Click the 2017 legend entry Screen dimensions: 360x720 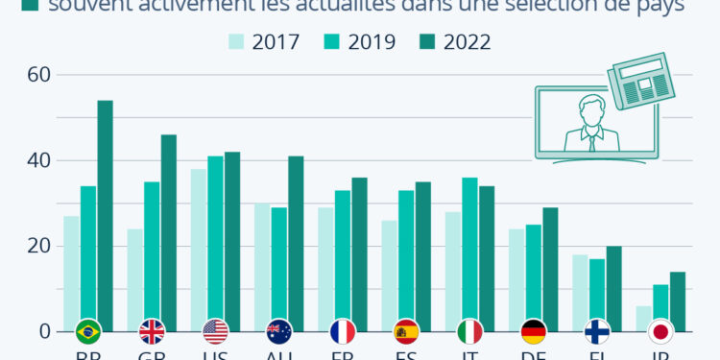point(264,41)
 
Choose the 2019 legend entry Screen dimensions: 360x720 point(359,41)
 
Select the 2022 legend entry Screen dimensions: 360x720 point(455,41)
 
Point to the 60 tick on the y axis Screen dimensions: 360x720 point(38,75)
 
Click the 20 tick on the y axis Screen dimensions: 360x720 point(38,246)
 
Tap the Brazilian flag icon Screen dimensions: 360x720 point(88,332)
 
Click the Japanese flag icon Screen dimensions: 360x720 point(660,332)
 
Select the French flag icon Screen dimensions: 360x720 point(343,332)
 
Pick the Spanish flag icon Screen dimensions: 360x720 point(406,332)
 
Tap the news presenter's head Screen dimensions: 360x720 point(590,108)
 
